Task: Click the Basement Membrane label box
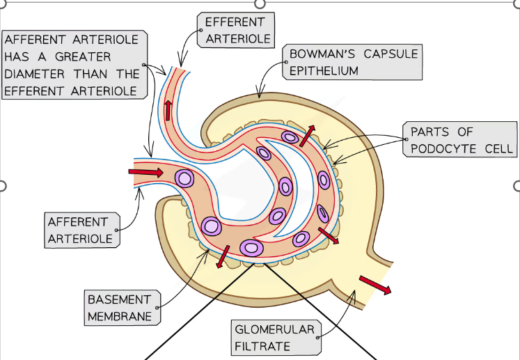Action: point(119,308)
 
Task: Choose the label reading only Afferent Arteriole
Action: point(79,230)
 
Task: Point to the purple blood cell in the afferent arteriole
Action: point(184,178)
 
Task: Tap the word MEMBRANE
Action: point(119,316)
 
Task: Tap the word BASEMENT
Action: point(119,299)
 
